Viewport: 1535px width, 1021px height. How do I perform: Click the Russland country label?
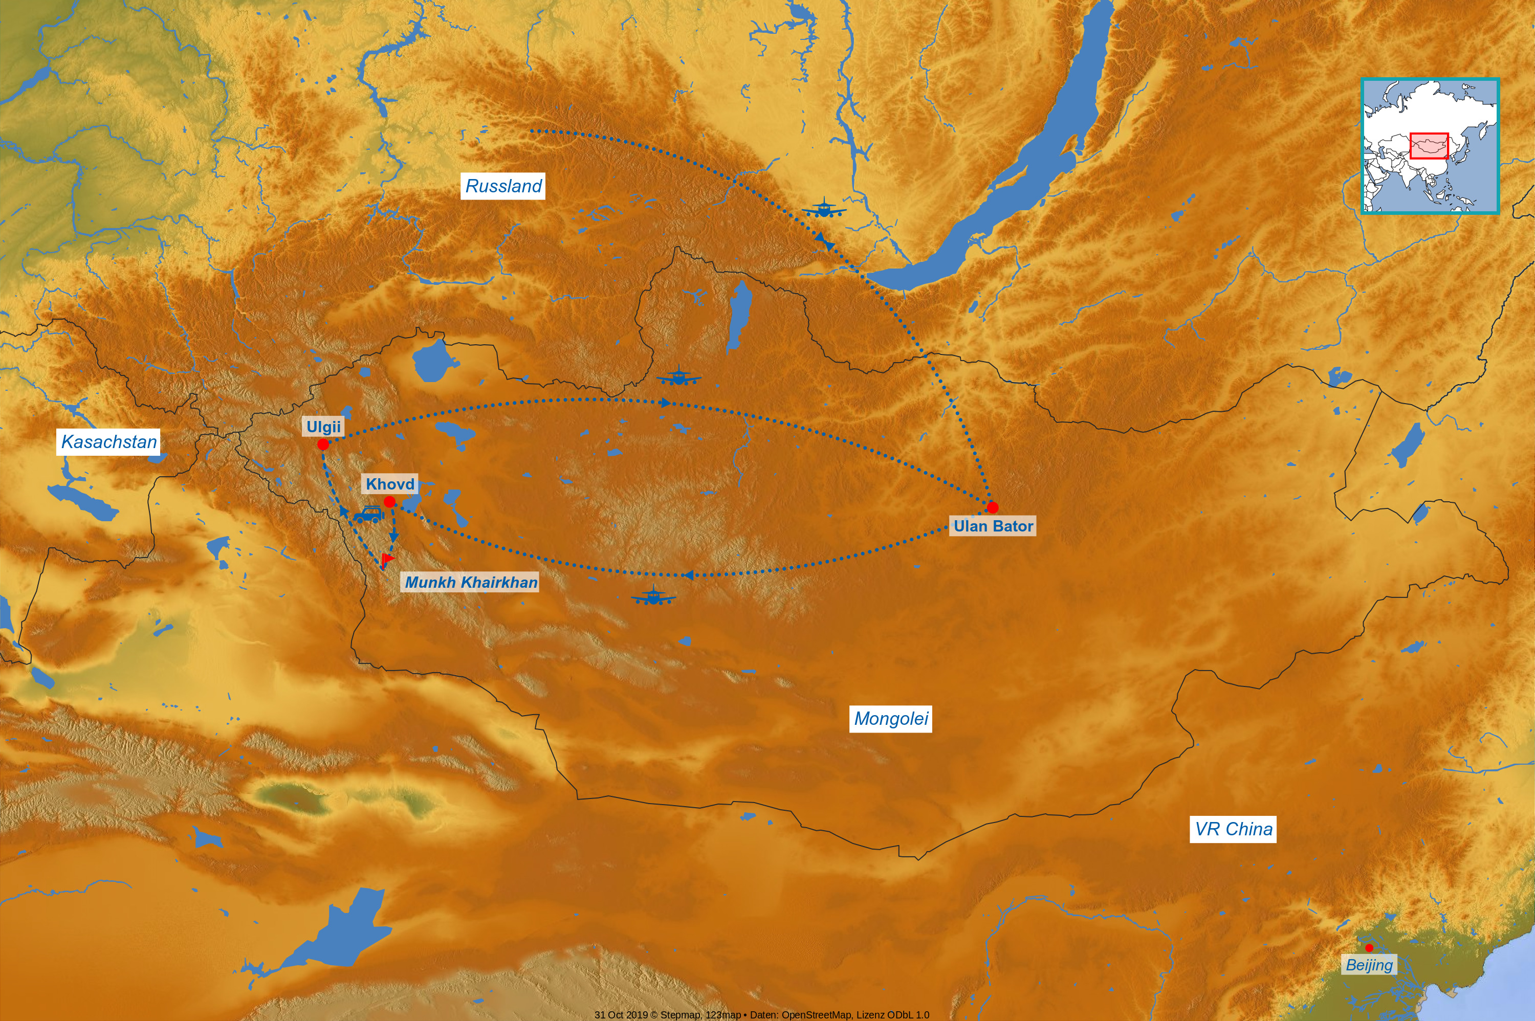503,186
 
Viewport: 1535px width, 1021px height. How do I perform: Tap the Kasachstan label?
109,442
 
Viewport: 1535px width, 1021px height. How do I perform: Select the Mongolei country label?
890,719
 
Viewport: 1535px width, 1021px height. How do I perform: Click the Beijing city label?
1369,965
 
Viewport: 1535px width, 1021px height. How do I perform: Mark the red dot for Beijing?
1369,948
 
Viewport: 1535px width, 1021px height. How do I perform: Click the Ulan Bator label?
993,526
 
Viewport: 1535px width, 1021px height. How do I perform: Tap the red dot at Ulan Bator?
993,507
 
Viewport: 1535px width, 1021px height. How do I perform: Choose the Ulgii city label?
323,427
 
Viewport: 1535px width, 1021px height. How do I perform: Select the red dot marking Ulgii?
323,444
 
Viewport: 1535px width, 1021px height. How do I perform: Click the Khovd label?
389,484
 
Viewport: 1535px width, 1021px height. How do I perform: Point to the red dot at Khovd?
389,501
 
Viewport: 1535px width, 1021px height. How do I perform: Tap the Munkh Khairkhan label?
471,582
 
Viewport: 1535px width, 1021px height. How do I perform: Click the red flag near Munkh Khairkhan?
387,559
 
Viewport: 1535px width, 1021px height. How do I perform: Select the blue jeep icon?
368,515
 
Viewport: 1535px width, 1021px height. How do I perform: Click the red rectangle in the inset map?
1429,146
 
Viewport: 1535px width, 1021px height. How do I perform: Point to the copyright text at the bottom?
761,1014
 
